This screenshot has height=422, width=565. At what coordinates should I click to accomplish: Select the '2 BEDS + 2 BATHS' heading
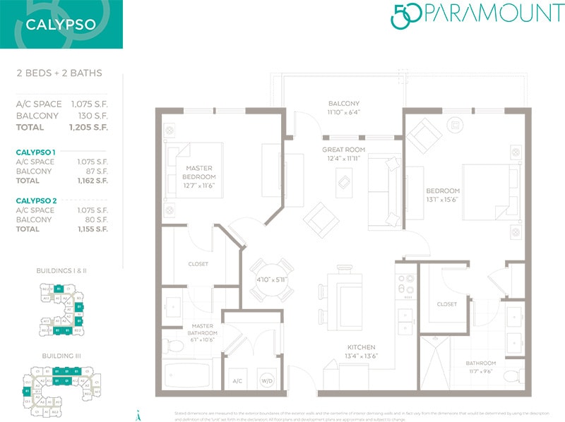tap(59, 73)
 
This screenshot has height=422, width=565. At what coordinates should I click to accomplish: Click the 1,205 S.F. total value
tap(88, 128)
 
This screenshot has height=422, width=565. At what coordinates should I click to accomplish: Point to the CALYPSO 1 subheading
tap(36, 152)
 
